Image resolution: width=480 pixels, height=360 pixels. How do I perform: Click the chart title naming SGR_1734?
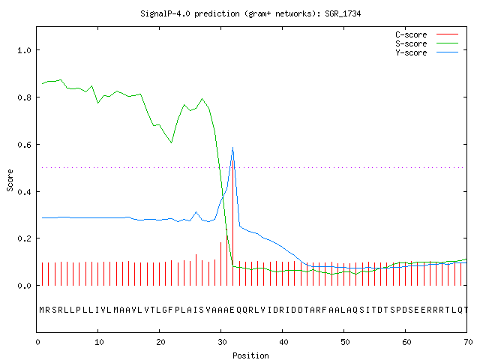click(250, 13)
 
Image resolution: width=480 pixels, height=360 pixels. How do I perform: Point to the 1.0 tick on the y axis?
click(25, 50)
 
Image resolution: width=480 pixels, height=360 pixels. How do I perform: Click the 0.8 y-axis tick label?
click(25, 97)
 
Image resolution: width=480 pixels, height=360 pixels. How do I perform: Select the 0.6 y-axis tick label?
click(25, 145)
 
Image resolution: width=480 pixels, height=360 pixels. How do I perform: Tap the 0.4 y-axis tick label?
click(25, 192)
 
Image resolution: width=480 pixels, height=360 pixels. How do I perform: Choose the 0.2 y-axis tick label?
click(25, 238)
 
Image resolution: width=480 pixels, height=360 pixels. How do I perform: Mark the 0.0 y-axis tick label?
click(25, 286)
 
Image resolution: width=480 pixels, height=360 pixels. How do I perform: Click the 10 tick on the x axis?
click(99, 342)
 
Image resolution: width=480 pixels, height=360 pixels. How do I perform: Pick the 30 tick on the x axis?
click(222, 342)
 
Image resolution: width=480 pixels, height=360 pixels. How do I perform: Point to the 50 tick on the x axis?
click(345, 342)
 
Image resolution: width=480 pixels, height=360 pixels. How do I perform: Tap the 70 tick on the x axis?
click(468, 342)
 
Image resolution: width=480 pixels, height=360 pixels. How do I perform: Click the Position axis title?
click(250, 355)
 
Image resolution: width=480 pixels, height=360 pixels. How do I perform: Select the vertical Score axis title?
click(10, 180)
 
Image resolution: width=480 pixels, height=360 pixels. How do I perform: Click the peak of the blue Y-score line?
click(233, 148)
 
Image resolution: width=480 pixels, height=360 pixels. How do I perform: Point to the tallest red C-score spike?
click(233, 223)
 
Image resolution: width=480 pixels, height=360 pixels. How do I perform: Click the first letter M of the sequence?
click(42, 310)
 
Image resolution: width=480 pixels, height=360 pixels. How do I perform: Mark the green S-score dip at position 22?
click(172, 142)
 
